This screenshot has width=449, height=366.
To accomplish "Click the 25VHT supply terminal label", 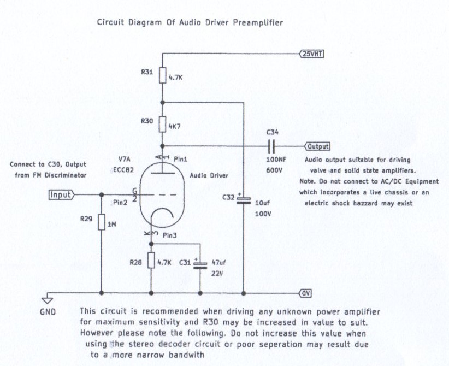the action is [311, 54].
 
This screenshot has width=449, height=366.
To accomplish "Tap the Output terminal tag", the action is [317, 146].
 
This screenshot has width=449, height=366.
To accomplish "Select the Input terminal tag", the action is [61, 195].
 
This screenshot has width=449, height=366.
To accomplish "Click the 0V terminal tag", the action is [305, 293].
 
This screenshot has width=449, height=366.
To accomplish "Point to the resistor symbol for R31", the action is [163, 75].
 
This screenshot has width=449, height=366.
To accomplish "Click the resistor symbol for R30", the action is [163, 125].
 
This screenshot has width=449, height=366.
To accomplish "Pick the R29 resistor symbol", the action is [102, 222].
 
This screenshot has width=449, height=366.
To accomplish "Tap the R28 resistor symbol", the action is [151, 261].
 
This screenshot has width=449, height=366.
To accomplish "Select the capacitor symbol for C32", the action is [244, 200].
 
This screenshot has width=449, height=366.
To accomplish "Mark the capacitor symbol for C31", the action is [200, 265].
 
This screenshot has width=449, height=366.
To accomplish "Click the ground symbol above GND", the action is [48, 300].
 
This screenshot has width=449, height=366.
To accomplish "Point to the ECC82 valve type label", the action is [123, 170].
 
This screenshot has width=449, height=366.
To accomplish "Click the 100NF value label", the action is [276, 160].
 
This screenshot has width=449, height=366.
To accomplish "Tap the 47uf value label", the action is [218, 262].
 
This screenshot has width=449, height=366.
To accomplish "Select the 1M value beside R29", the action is [111, 225].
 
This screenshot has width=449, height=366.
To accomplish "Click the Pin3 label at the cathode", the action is [170, 235].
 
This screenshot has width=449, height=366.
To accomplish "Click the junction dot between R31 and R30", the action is [163, 103].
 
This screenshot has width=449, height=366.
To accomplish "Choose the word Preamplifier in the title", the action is [258, 23].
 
